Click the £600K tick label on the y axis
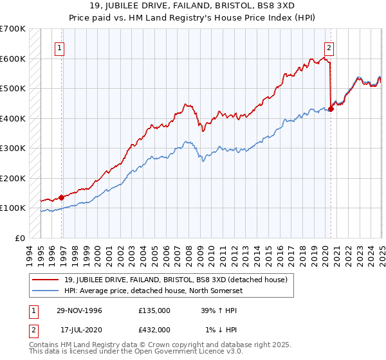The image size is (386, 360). (12, 59)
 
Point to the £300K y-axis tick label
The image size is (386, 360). (12, 148)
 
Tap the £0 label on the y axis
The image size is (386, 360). (19, 238)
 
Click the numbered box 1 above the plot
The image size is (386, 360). (59, 47)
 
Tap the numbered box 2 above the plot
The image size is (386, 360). (329, 47)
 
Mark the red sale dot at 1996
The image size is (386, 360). (62, 197)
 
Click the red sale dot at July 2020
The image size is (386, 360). (331, 109)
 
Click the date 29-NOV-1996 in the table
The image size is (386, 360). (79, 310)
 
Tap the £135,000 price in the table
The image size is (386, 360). (154, 310)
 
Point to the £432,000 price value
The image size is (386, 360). (154, 330)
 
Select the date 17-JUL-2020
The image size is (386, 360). (78, 330)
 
